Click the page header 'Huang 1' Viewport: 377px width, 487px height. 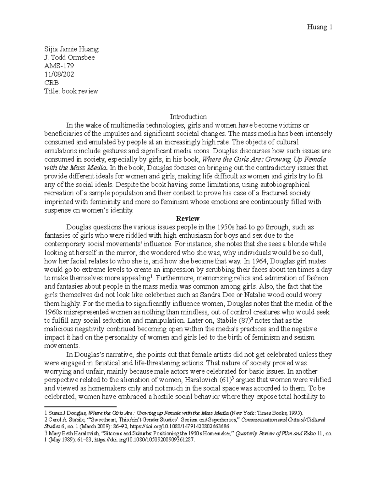(319, 28)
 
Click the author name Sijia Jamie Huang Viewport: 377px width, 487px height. (71, 49)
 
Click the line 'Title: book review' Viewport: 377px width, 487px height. (71, 92)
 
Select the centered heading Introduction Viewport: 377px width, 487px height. (188, 117)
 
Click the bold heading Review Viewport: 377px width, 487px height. (188, 219)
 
